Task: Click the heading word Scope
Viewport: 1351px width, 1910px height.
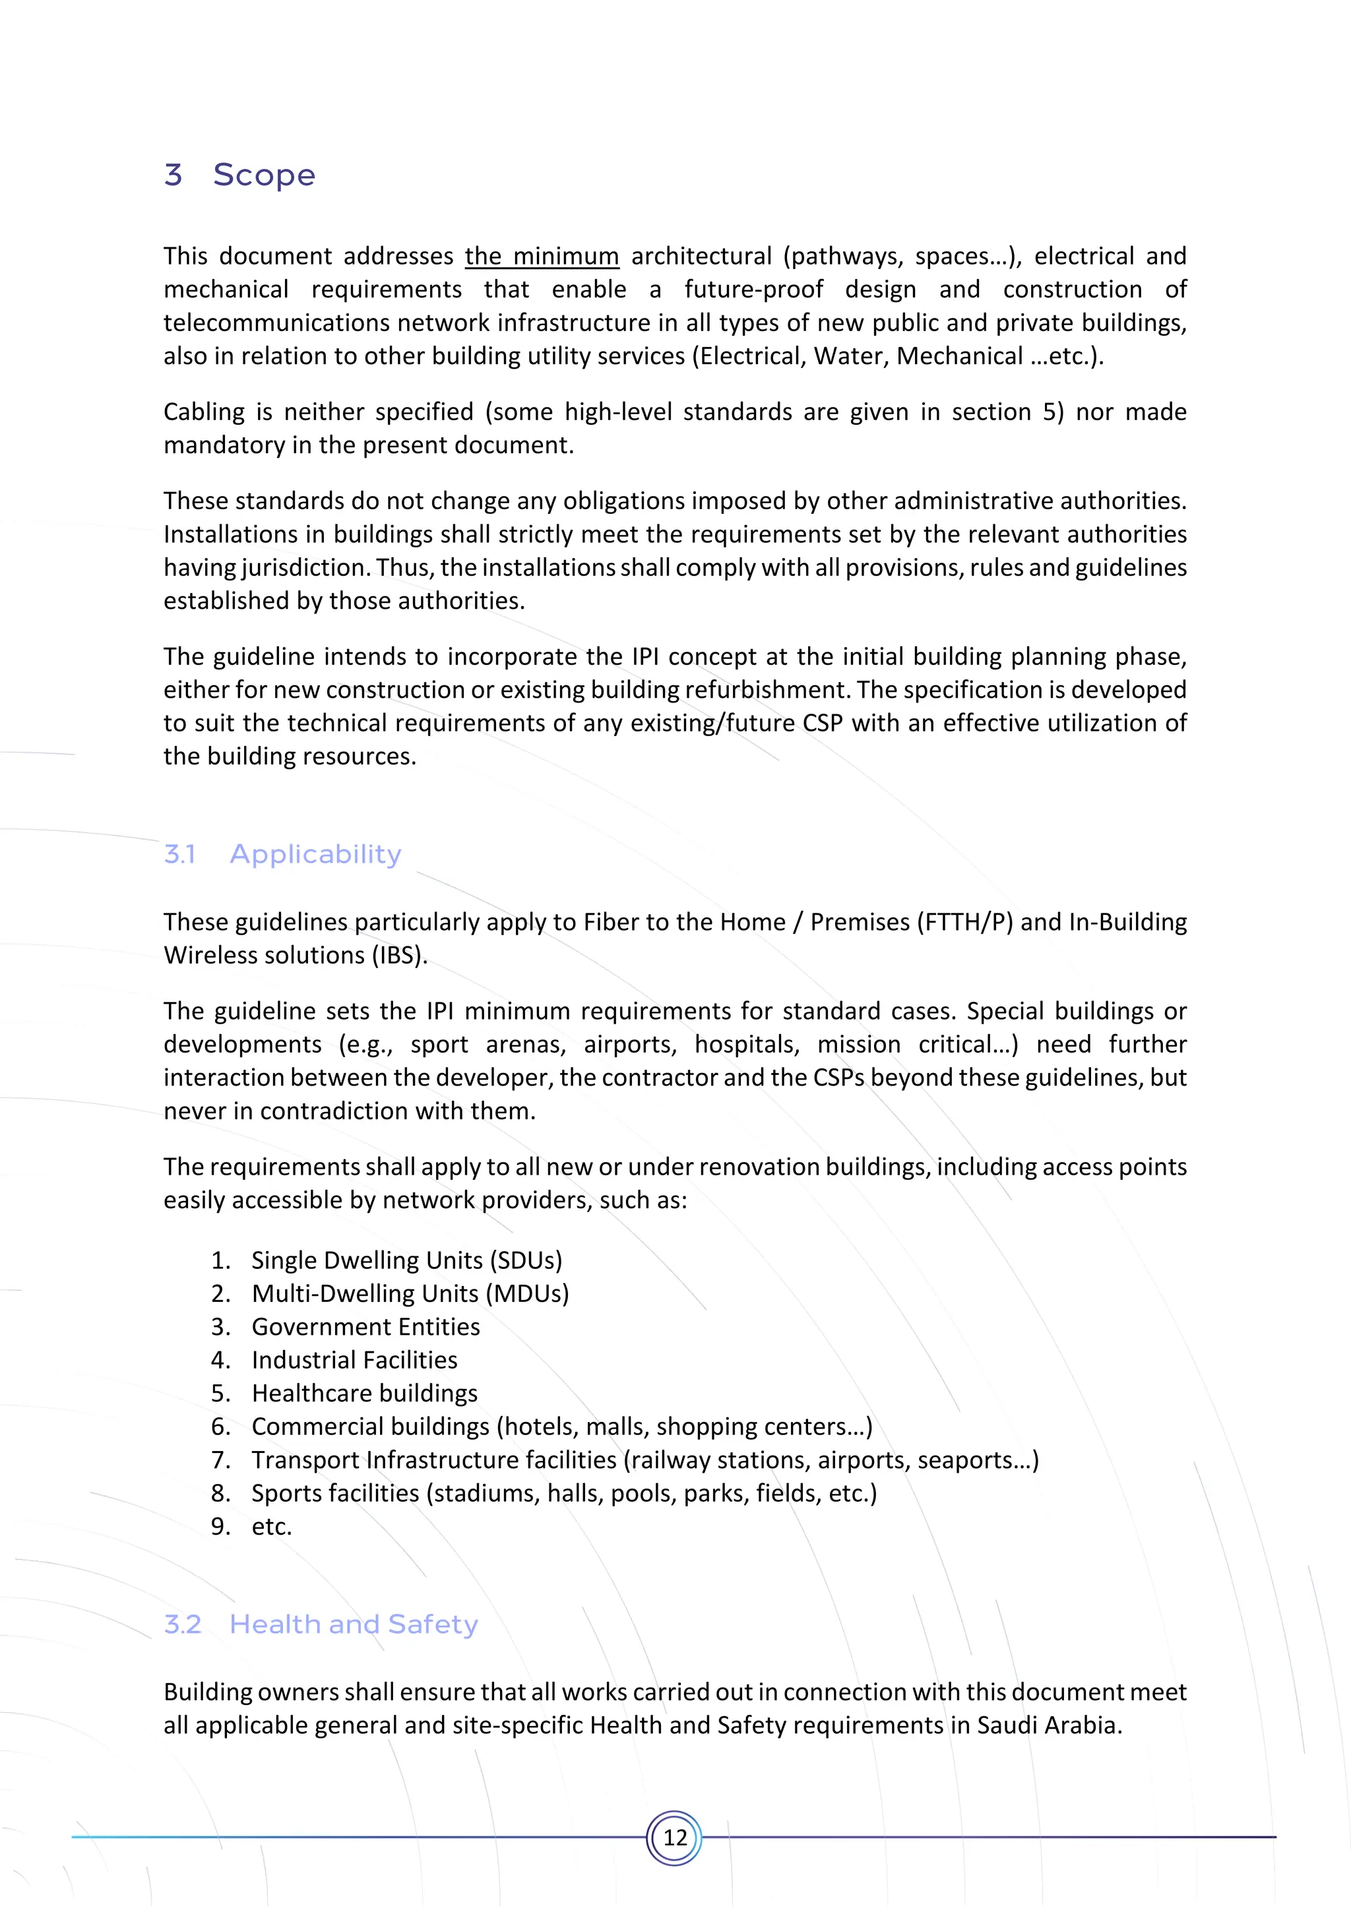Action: [x=264, y=175]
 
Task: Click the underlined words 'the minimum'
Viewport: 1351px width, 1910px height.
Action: [x=542, y=256]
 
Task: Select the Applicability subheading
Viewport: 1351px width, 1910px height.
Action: [x=315, y=854]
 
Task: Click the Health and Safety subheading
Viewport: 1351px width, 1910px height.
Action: [x=354, y=1624]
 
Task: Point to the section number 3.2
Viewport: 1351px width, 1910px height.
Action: [x=183, y=1624]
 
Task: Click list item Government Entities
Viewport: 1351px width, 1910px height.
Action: [x=366, y=1327]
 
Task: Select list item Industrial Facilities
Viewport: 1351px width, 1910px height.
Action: [x=354, y=1360]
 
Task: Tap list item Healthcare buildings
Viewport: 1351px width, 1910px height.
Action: [x=364, y=1394]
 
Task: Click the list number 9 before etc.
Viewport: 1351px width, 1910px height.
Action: [x=220, y=1527]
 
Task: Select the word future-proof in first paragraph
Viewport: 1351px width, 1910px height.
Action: [x=754, y=290]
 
